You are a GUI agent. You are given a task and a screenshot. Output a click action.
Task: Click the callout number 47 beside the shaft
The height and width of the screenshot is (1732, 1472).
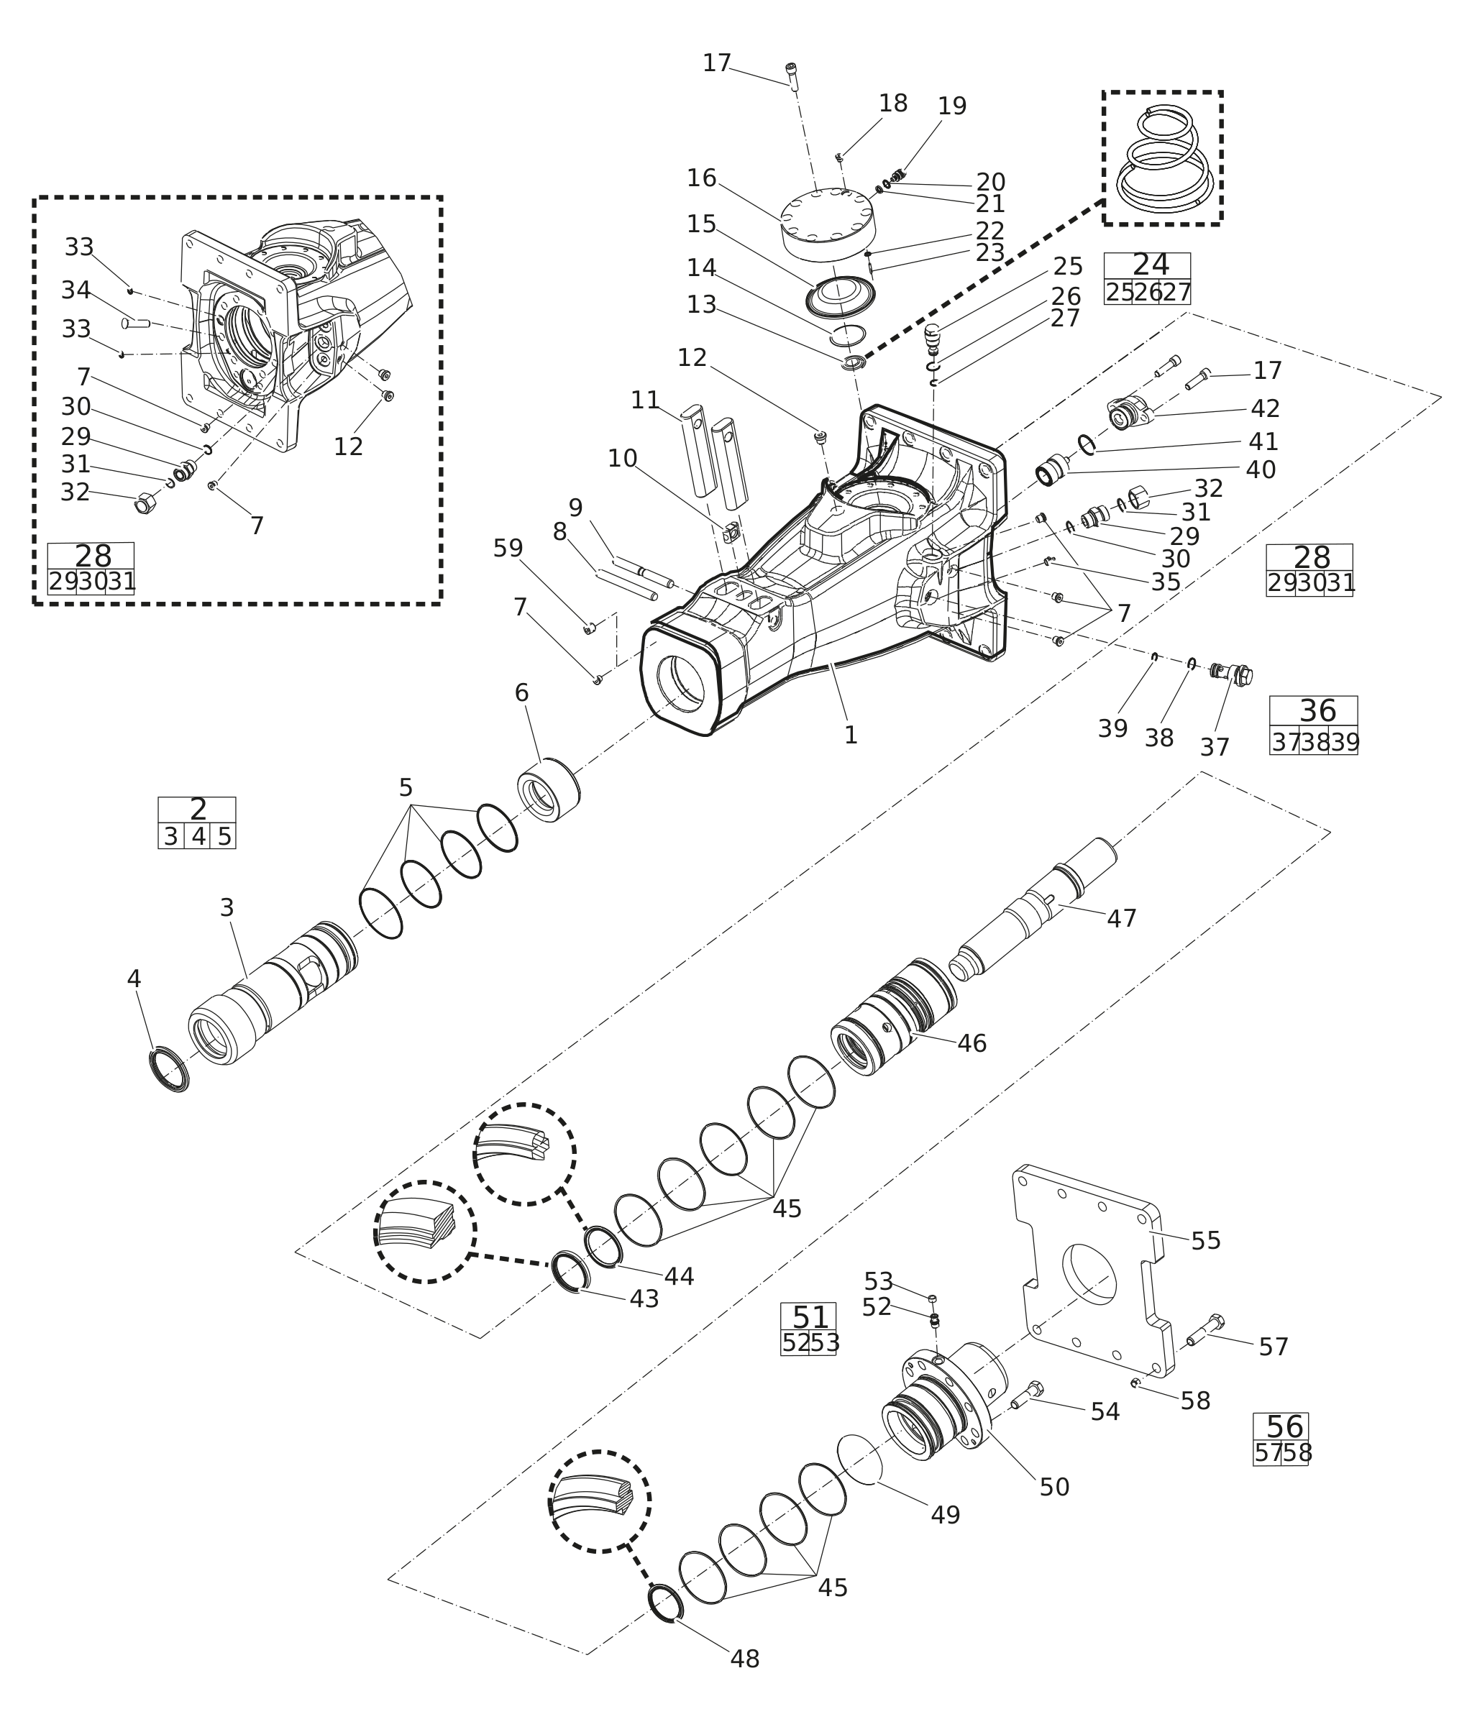(1122, 919)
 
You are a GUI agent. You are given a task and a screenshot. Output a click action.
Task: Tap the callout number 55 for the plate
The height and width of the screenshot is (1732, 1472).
(1206, 1241)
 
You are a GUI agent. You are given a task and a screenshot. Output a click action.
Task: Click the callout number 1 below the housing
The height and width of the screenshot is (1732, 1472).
(850, 735)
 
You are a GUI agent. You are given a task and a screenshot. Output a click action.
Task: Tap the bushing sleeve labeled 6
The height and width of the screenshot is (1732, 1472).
(548, 790)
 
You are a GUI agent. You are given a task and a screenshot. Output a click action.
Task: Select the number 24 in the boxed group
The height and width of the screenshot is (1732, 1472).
(1151, 265)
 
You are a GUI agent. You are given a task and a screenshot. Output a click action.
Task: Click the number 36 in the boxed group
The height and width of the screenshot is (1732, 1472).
(1317, 711)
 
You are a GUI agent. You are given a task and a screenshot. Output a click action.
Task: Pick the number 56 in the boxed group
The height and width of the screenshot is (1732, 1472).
(1284, 1426)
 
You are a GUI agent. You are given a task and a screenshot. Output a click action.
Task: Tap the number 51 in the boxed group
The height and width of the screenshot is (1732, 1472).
(810, 1317)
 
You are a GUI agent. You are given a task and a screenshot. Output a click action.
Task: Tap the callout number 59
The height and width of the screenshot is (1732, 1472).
(508, 548)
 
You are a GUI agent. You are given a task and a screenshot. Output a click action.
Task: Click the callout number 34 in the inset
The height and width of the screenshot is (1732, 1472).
(76, 290)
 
